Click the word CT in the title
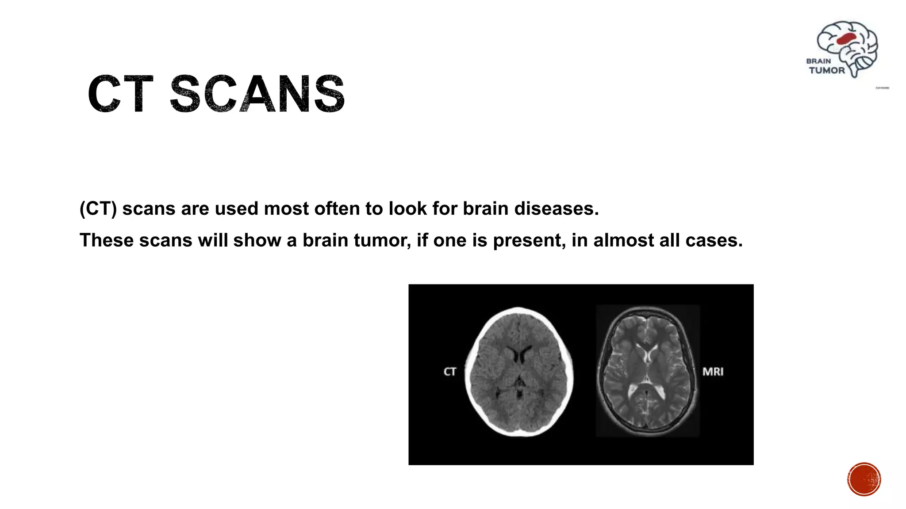pos(120,94)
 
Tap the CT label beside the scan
pos(449,372)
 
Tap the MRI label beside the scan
pos(713,372)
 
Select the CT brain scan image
pos(519,372)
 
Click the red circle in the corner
pos(864,479)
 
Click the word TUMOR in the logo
pos(826,70)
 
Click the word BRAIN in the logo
pos(818,61)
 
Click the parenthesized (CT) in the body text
pos(98,209)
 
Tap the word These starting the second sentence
pos(106,240)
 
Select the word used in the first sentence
pos(237,209)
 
